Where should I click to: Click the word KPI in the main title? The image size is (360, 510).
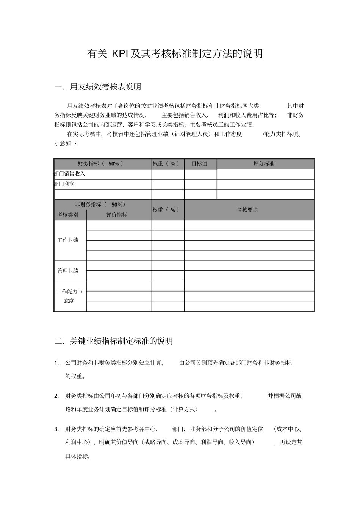pos(120,54)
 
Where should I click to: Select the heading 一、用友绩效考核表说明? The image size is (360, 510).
pos(98,87)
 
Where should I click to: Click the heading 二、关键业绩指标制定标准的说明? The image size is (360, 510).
pos(114,341)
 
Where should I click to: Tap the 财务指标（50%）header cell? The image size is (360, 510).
pos(101,164)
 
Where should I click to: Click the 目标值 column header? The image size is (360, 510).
pos(199,164)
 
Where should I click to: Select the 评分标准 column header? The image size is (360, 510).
pos(264,164)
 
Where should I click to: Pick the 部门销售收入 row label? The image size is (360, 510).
pos(70,174)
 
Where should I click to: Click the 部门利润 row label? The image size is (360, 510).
pos(64,184)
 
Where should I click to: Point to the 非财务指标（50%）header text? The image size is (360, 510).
pos(101,205)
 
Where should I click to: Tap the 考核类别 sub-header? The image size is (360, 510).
pos(68,215)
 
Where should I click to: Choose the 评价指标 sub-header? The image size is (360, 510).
pos(117,215)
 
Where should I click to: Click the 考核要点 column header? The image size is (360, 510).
pos(247,210)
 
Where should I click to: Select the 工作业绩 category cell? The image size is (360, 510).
pos(68,240)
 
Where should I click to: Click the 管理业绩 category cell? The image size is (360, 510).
pos(68,271)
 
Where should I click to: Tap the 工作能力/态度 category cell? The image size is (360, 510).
pos(69,296)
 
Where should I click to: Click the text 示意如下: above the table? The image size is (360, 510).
pos(66,143)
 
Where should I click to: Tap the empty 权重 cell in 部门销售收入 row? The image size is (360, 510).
pos(168,174)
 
